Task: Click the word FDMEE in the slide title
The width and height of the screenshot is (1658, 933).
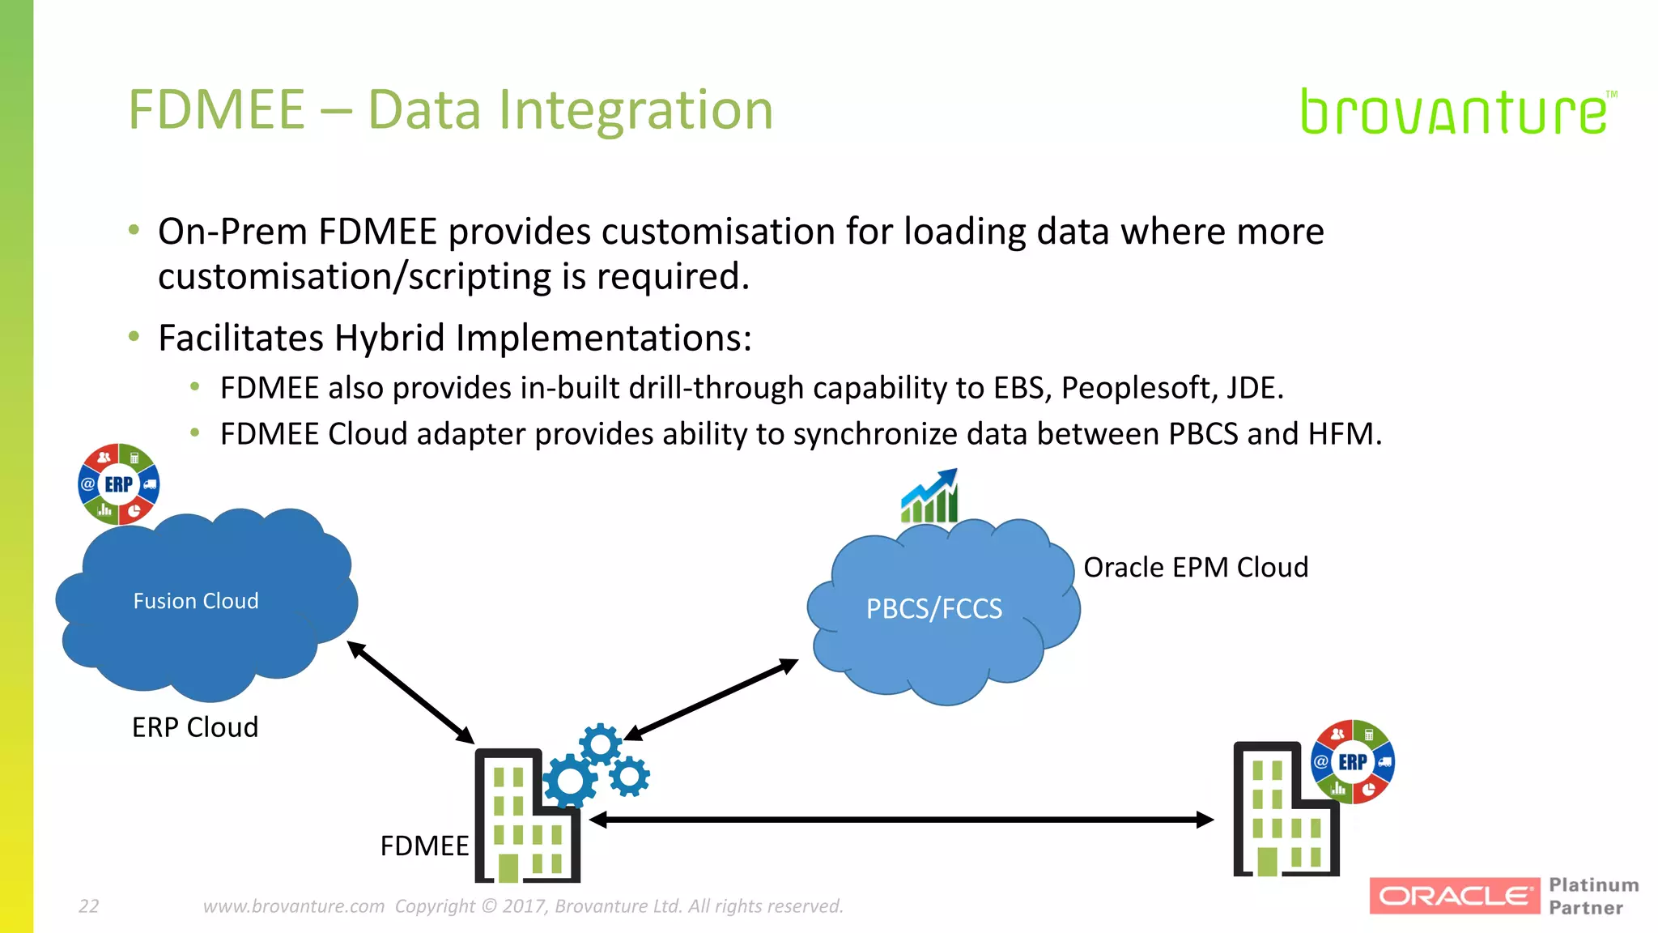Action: [217, 110]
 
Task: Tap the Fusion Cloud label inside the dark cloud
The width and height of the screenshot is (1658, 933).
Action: [196, 601]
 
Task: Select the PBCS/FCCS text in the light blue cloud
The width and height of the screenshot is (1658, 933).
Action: [933, 608]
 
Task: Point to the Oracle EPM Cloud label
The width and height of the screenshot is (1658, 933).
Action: [1195, 567]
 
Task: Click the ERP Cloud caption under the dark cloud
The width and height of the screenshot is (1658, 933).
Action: [195, 727]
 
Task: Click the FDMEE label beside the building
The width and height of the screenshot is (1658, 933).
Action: [424, 846]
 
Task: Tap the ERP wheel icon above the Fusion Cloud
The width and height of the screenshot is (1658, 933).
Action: [118, 484]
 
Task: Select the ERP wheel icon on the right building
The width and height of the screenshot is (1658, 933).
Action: [1352, 761]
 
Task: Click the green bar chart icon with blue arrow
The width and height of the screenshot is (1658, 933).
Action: [930, 496]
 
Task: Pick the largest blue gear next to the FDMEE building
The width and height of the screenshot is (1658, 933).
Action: [570, 781]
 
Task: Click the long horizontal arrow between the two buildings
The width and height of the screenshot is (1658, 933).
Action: [900, 820]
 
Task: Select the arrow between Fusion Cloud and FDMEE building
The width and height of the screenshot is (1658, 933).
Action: [410, 692]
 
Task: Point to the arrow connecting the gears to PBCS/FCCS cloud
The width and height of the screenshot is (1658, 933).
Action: [711, 700]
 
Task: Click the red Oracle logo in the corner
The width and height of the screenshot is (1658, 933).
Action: [1454, 896]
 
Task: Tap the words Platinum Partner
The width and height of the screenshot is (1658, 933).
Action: [1593, 896]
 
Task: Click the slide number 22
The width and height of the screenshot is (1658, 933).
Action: [88, 906]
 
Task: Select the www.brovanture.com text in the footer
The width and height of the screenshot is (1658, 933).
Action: [293, 906]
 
